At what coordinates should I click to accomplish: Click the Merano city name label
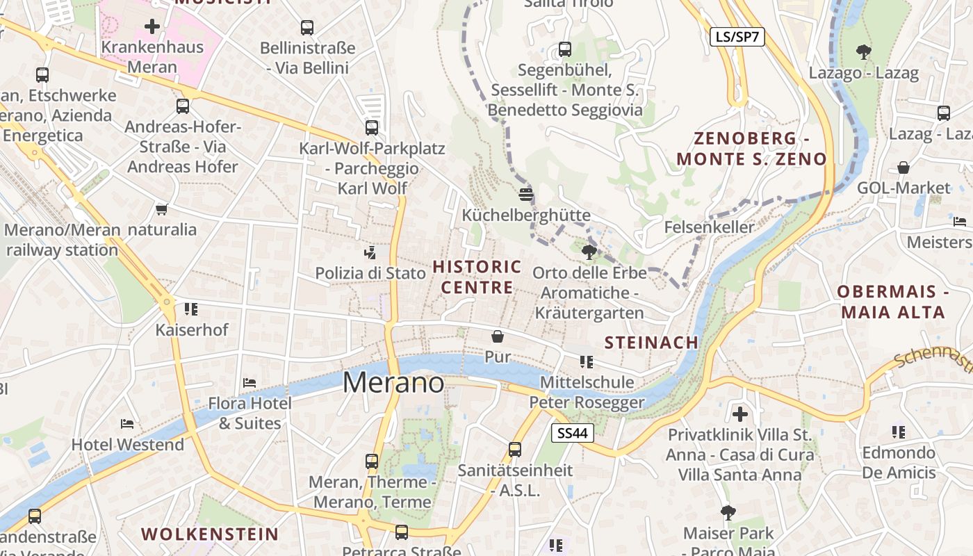tap(393, 382)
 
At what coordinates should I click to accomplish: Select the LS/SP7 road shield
tap(737, 37)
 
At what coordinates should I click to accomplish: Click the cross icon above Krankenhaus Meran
tap(152, 27)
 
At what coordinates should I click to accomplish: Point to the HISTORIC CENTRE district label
tap(477, 277)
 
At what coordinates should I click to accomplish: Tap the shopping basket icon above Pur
tap(498, 337)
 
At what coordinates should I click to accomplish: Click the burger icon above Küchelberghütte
tap(526, 194)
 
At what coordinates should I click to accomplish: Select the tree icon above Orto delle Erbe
tap(589, 252)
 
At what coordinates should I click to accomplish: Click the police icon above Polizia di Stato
tap(370, 253)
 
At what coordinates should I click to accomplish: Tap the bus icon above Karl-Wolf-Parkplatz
tap(372, 128)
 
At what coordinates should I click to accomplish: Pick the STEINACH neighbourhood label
tap(651, 342)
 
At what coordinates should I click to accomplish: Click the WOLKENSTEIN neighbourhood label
tap(210, 534)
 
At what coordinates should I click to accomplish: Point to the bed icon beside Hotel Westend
tap(127, 423)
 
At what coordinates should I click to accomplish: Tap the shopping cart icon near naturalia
tap(162, 209)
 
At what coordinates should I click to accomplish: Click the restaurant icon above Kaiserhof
tap(191, 309)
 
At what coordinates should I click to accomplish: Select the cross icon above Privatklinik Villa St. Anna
tap(740, 414)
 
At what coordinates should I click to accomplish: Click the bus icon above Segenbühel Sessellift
tap(565, 49)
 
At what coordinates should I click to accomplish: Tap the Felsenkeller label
tap(709, 227)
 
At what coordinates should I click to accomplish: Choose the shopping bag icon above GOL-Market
tap(903, 167)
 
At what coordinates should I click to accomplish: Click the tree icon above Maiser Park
tap(728, 513)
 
